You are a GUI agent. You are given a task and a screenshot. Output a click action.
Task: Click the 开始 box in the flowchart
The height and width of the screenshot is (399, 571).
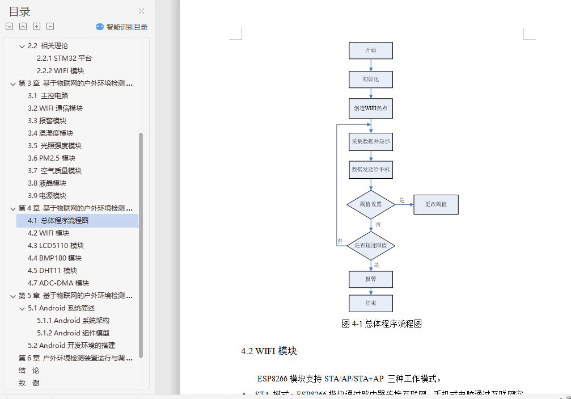coord(371,51)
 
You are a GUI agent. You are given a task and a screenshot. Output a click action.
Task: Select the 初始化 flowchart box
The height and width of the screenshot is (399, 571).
coord(371,79)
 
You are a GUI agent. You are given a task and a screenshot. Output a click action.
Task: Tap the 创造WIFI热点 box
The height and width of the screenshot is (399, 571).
coord(371,108)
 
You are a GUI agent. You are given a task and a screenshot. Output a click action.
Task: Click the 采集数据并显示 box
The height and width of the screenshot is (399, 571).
coord(371,141)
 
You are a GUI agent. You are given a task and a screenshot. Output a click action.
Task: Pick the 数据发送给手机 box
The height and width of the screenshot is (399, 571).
coord(371,169)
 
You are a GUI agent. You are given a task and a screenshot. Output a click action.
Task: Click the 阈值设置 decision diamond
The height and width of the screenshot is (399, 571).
coord(371,204)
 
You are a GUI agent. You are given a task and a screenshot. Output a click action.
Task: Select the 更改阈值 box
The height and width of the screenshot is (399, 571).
coord(435,204)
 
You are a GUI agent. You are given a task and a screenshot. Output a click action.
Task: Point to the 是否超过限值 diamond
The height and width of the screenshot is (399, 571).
coord(371,246)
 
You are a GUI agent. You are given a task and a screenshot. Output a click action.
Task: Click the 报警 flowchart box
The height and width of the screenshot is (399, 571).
coord(371,279)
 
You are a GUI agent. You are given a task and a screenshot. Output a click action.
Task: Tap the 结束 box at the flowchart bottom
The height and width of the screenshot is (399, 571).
coord(371,303)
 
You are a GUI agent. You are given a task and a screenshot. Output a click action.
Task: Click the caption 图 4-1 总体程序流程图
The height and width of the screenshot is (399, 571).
coord(382,324)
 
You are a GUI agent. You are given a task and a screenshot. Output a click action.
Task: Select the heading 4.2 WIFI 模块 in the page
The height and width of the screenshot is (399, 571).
coord(269,351)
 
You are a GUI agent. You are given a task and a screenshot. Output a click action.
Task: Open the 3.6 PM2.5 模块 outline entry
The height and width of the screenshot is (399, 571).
coord(52,158)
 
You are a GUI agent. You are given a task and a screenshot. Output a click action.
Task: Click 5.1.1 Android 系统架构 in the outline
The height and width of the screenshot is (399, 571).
coord(73,321)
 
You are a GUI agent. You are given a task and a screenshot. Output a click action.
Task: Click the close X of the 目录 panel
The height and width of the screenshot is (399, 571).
coord(141,11)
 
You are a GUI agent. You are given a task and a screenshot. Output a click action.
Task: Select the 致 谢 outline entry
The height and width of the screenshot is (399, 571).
coord(29,383)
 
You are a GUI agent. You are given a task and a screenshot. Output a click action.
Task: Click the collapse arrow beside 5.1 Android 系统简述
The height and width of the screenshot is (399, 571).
coord(22,308)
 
